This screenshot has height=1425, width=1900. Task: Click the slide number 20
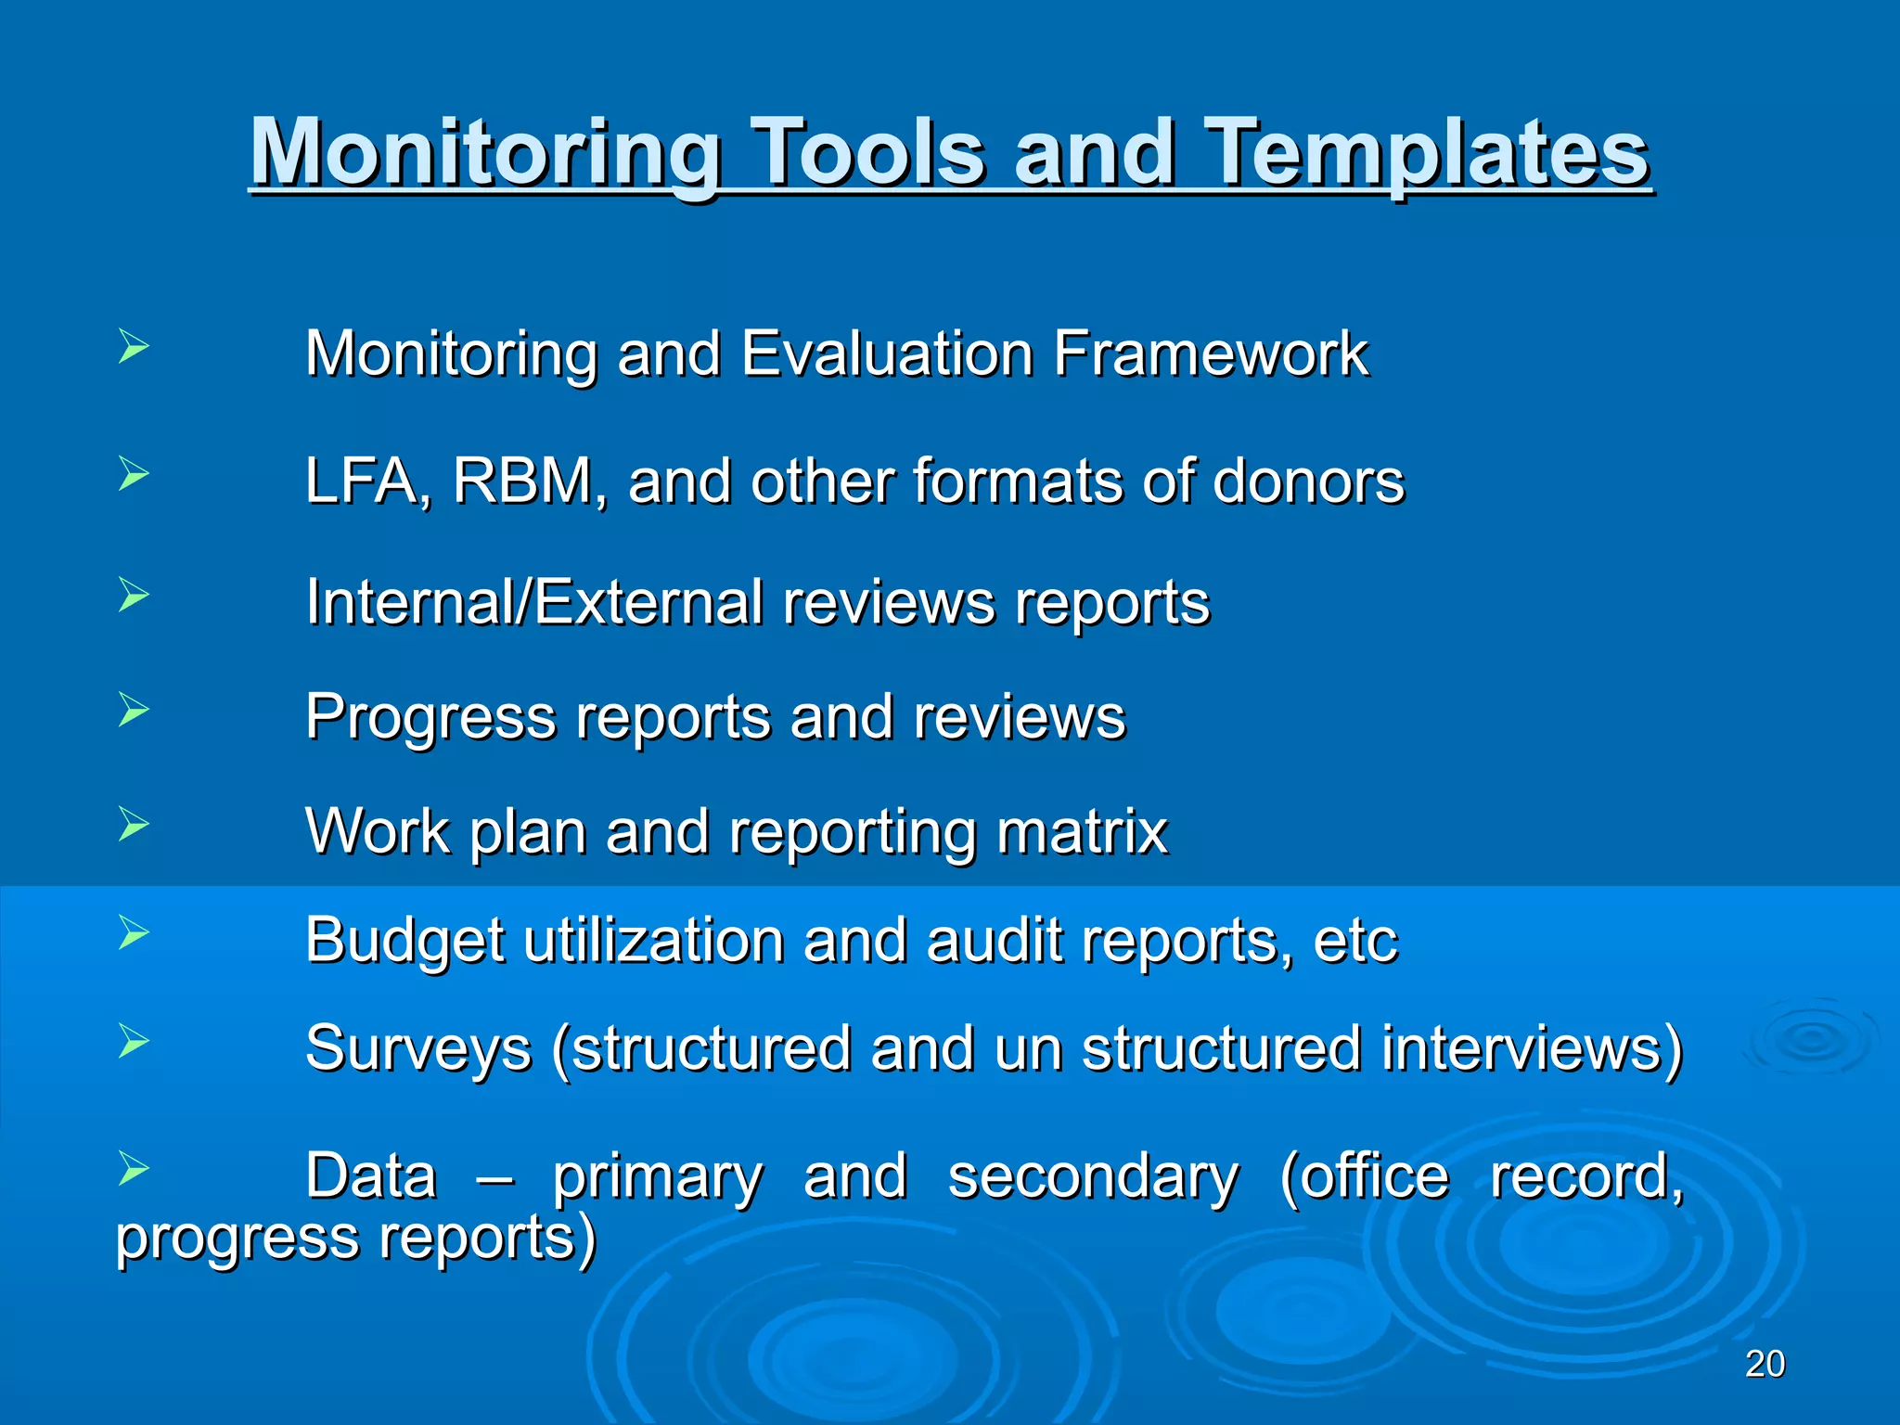(x=1765, y=1364)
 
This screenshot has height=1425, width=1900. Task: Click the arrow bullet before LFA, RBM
(x=134, y=475)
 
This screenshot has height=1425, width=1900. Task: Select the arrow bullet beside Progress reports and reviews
(x=134, y=711)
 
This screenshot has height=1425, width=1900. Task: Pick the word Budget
(x=404, y=941)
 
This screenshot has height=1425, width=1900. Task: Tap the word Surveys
(x=418, y=1049)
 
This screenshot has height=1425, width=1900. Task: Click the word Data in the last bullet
(x=371, y=1175)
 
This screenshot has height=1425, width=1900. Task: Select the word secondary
(x=1093, y=1176)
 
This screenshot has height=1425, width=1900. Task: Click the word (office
(x=1364, y=1176)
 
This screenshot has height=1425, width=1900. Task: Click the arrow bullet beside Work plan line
(x=134, y=824)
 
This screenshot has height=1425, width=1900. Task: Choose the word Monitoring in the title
(x=486, y=153)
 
